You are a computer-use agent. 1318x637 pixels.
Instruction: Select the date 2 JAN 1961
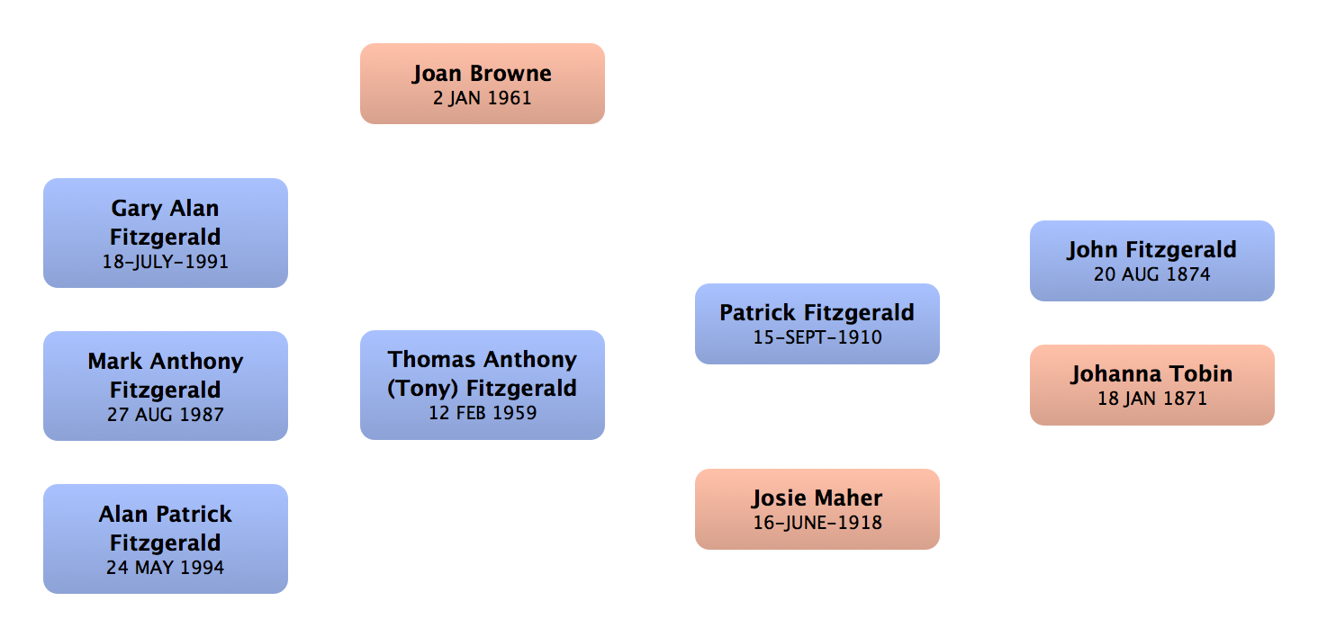click(x=482, y=98)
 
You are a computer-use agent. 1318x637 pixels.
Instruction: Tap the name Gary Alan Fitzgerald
click(x=166, y=222)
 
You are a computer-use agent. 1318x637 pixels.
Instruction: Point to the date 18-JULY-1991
click(x=166, y=263)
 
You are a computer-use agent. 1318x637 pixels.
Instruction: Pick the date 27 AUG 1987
click(x=166, y=416)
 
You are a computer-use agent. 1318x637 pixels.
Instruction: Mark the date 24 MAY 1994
click(x=166, y=569)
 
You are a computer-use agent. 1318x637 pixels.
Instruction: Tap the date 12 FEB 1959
click(x=482, y=414)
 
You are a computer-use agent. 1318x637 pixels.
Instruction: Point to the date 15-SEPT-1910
click(x=817, y=338)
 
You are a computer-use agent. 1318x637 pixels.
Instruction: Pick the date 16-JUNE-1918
click(x=817, y=523)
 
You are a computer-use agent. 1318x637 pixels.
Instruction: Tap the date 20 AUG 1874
click(x=1151, y=275)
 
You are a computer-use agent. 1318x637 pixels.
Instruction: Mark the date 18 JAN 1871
click(x=1151, y=399)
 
